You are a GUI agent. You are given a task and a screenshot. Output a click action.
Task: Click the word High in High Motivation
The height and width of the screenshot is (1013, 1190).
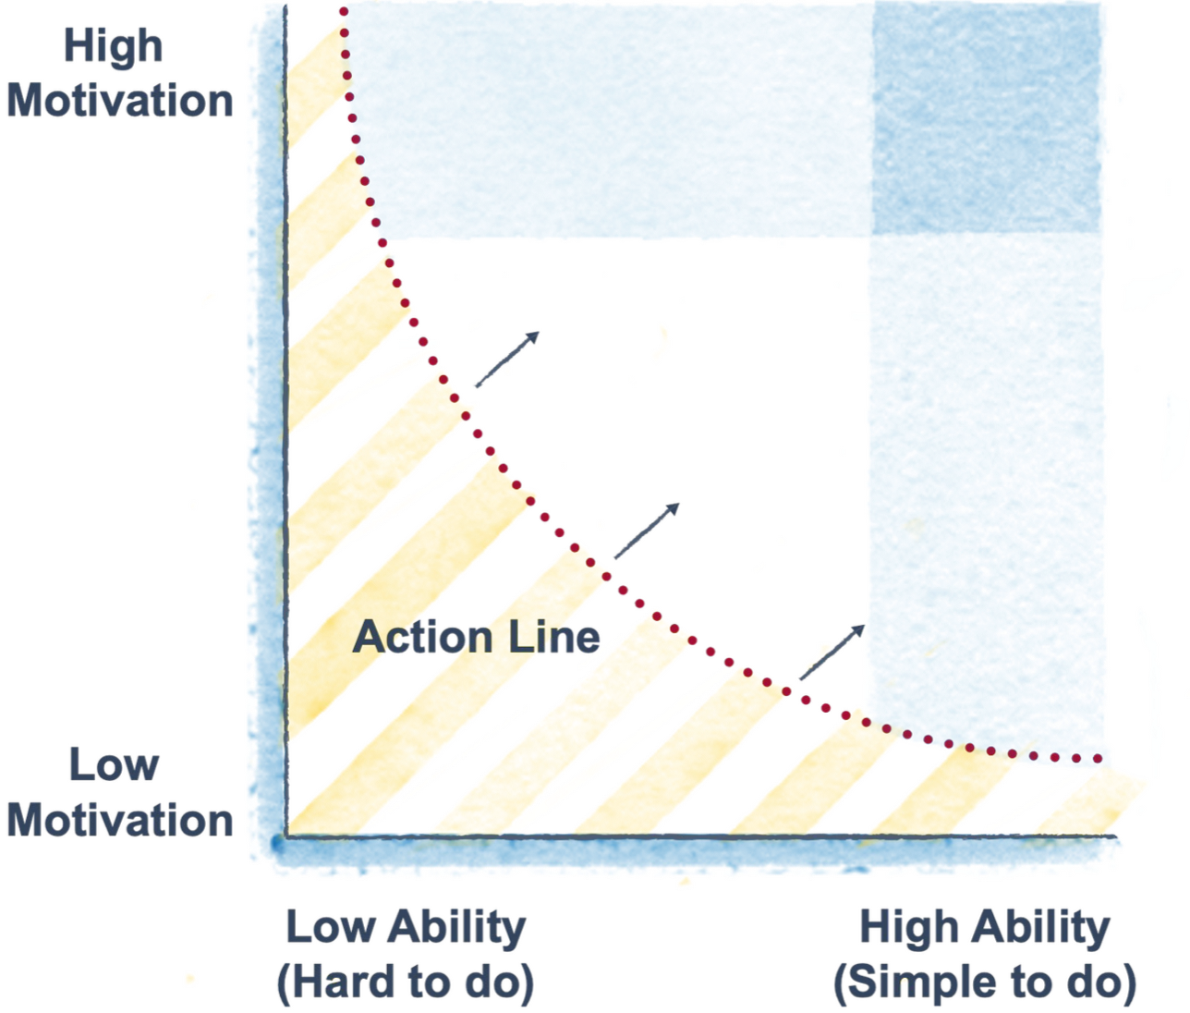point(113,45)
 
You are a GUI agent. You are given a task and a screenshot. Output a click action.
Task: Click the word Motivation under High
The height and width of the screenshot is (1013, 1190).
point(120,101)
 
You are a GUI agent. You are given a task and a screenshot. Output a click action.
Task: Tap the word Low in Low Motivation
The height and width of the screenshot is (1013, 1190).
point(114,765)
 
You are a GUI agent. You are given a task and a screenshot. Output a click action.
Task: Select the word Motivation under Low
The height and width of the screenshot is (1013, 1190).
point(120,821)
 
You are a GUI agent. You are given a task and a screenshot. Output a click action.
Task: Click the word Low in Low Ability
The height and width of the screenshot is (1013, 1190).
point(329,926)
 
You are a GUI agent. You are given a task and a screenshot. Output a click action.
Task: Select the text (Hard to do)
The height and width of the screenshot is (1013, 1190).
point(406,983)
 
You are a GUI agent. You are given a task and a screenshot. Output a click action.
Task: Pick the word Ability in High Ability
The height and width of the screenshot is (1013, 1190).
point(1040,928)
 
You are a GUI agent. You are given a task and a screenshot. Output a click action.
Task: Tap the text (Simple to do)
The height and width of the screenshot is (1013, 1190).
point(985,983)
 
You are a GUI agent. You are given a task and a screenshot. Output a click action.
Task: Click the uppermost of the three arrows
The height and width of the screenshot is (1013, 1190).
point(506,359)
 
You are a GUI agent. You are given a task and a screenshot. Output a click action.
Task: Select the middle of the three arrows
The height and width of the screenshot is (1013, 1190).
point(647,531)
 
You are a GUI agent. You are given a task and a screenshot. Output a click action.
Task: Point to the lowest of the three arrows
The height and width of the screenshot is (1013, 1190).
point(832,652)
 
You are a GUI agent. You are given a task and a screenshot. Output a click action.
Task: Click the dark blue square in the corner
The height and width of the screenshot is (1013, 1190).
point(987,118)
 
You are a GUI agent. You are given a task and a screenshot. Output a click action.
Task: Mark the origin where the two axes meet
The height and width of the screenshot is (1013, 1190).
point(285,837)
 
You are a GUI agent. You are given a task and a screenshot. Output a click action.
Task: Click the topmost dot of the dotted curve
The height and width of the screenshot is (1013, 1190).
point(344,12)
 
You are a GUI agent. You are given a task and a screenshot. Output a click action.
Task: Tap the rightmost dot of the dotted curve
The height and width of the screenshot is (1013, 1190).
point(1099,759)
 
